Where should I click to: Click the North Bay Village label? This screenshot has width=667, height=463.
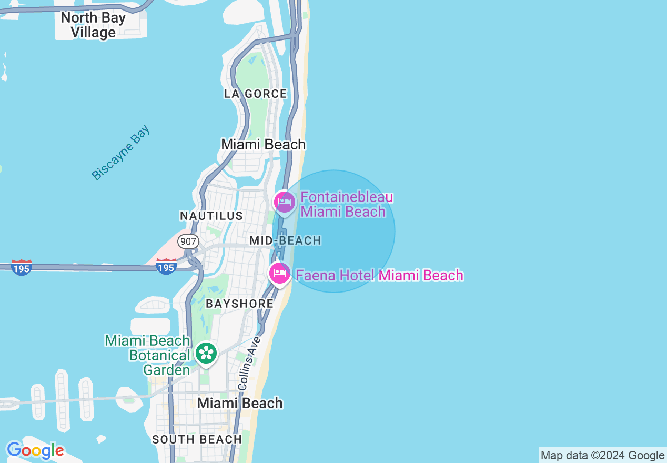click(93, 25)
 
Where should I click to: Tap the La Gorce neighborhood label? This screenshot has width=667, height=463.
click(256, 94)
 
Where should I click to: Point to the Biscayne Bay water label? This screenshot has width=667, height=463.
click(120, 153)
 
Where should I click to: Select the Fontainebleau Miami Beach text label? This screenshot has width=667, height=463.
click(346, 205)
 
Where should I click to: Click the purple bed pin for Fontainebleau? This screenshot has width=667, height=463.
click(285, 202)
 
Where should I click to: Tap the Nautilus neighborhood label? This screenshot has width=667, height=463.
click(211, 216)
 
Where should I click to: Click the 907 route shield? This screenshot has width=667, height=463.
click(188, 241)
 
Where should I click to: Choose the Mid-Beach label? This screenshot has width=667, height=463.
click(285, 240)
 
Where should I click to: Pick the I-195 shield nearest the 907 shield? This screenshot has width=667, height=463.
click(166, 267)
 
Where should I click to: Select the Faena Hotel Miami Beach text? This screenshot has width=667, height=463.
click(379, 275)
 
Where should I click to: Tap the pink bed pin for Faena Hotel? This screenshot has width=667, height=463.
click(279, 273)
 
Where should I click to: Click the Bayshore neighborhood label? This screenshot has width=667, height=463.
click(239, 304)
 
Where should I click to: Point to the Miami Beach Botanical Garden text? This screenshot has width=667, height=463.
click(147, 355)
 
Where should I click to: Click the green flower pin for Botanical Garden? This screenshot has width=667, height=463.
click(206, 354)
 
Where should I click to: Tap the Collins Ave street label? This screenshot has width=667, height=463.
click(249, 363)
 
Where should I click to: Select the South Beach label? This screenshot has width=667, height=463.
click(197, 439)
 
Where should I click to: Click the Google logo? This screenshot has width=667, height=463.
click(35, 450)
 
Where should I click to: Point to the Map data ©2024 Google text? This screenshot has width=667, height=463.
click(602, 456)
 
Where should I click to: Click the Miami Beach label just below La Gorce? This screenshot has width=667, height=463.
click(263, 144)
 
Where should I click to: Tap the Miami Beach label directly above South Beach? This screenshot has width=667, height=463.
click(240, 403)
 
